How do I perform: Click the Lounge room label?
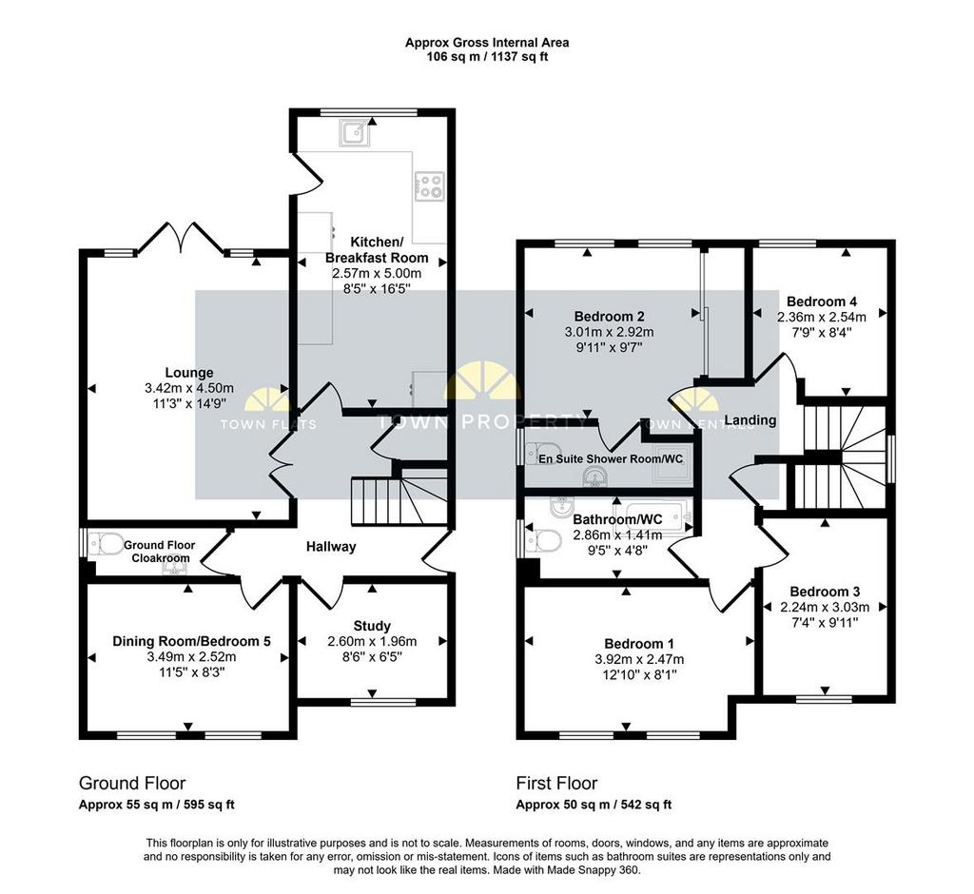click(189, 373)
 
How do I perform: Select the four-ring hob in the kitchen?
click(430, 185)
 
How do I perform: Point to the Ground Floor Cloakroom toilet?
click(106, 546)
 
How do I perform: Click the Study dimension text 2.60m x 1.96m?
click(372, 642)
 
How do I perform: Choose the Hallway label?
click(330, 547)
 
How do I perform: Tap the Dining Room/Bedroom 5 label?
click(191, 641)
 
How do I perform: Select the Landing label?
click(750, 420)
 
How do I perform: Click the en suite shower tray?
click(671, 465)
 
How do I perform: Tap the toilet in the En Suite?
click(542, 453)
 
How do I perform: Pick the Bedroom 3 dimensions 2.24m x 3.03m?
click(825, 607)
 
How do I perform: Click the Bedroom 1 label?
click(638, 644)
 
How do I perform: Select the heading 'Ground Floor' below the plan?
click(131, 783)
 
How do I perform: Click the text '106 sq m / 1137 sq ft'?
click(487, 57)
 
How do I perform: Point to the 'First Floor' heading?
click(556, 783)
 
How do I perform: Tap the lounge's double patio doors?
click(182, 238)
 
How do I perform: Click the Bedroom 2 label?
click(609, 316)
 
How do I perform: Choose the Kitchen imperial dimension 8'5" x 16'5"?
click(377, 289)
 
